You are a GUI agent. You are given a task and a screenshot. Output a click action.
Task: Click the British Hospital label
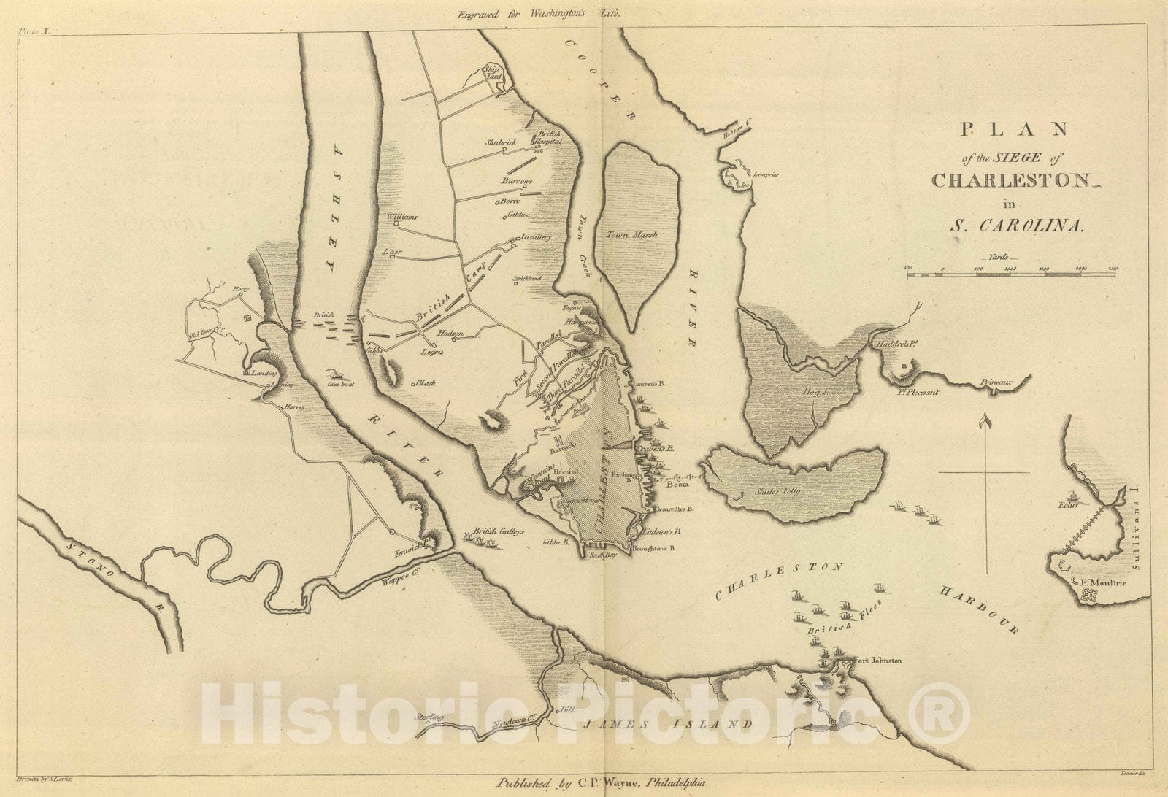549,137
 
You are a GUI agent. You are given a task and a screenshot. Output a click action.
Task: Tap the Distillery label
535,237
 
